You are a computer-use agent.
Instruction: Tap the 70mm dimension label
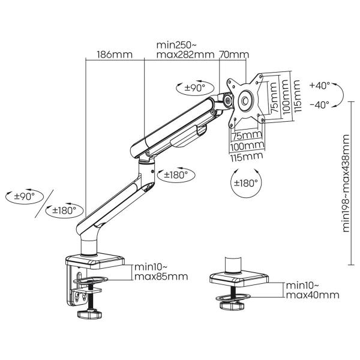tap(234, 55)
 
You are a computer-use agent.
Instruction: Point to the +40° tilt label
tap(320, 86)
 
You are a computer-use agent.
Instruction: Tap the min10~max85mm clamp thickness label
tap(161, 272)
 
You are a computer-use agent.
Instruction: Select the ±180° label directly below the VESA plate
tap(245, 182)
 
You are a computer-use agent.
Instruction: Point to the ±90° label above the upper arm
tap(193, 88)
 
